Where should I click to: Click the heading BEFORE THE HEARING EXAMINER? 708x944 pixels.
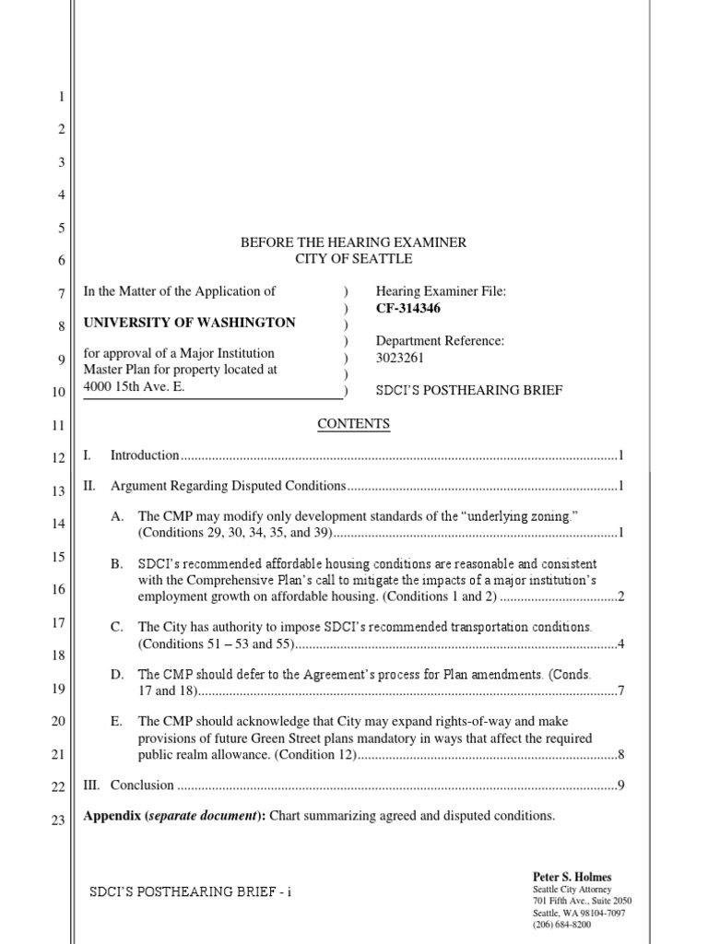click(x=353, y=242)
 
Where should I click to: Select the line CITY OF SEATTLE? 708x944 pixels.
click(x=353, y=259)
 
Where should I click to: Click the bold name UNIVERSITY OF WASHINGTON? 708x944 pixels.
click(x=190, y=323)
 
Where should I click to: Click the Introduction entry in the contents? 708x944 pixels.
click(x=145, y=455)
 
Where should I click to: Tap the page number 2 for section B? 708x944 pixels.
click(x=621, y=597)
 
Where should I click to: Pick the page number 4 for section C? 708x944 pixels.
click(x=621, y=643)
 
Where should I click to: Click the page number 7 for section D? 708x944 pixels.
click(x=621, y=691)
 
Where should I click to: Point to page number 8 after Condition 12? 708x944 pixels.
click(x=621, y=756)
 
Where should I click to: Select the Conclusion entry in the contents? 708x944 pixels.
click(x=142, y=785)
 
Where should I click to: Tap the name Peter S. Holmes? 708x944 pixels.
click(x=572, y=877)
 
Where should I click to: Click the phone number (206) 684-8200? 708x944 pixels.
click(x=561, y=924)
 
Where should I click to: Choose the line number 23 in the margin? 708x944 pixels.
click(x=57, y=820)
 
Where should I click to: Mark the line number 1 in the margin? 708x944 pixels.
click(x=61, y=97)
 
